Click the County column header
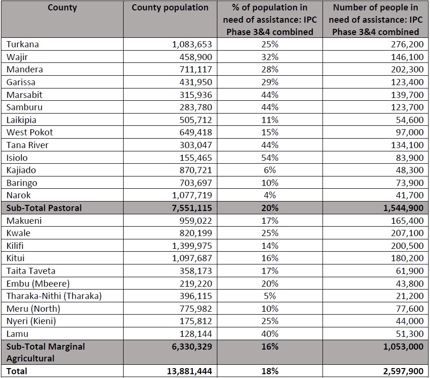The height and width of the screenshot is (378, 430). click(x=62, y=8)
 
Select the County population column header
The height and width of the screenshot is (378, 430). click(x=170, y=8)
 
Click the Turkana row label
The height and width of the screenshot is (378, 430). click(x=22, y=44)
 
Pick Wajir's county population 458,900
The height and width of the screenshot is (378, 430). click(x=196, y=57)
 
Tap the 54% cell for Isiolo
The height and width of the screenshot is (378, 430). click(x=270, y=158)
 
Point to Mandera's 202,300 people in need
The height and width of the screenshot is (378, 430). click(x=407, y=70)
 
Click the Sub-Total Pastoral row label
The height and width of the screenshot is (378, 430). click(x=44, y=208)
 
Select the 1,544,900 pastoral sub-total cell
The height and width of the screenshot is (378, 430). click(x=403, y=208)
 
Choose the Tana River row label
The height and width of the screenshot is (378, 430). click(x=27, y=145)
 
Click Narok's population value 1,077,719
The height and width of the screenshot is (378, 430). click(x=192, y=195)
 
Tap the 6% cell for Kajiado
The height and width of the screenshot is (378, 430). click(x=270, y=170)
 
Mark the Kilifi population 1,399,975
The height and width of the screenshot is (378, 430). click(x=192, y=246)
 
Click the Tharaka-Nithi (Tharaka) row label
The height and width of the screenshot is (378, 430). click(x=54, y=296)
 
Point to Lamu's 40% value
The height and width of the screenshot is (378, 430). click(x=270, y=334)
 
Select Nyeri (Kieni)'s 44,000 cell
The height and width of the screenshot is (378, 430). click(x=410, y=321)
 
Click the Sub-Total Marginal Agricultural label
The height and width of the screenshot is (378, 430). click(x=45, y=352)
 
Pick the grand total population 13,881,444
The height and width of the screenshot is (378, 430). click(x=189, y=371)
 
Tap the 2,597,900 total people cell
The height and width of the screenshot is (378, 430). click(x=403, y=371)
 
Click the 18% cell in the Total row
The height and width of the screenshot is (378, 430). click(x=270, y=371)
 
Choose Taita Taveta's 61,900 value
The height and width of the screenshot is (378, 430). click(x=410, y=271)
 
